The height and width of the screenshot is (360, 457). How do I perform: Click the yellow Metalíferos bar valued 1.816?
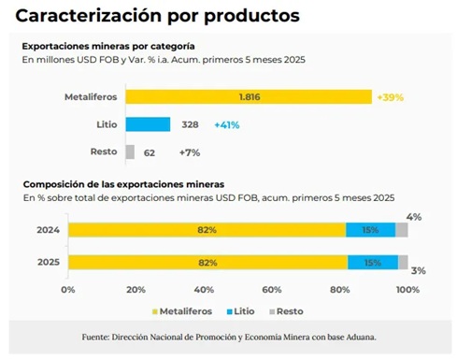click(x=248, y=96)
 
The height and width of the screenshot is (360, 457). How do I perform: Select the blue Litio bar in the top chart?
click(x=148, y=123)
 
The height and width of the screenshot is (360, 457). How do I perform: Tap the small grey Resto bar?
click(x=130, y=151)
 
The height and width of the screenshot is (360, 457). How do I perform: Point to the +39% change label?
click(x=392, y=96)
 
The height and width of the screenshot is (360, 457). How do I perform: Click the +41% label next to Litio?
click(x=229, y=123)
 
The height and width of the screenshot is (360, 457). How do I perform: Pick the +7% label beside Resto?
click(x=191, y=151)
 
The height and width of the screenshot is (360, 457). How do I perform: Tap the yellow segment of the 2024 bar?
click(x=207, y=230)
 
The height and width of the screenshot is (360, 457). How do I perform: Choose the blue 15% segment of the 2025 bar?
click(x=372, y=263)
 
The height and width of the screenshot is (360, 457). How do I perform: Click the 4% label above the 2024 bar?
click(x=414, y=217)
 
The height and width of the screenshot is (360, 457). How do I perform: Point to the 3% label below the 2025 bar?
click(x=418, y=271)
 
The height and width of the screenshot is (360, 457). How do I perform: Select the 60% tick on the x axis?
click(x=271, y=289)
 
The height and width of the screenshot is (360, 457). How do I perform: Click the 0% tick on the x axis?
click(x=67, y=289)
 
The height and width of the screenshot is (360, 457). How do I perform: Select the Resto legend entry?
click(x=293, y=310)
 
